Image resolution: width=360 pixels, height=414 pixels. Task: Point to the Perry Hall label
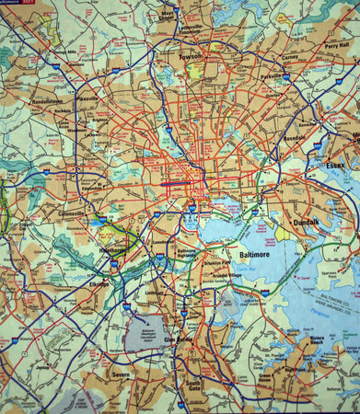336,45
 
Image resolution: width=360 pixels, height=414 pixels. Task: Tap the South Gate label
192,385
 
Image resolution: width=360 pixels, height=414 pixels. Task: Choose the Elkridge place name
99,284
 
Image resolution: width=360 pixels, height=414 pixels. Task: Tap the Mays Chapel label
168,16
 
